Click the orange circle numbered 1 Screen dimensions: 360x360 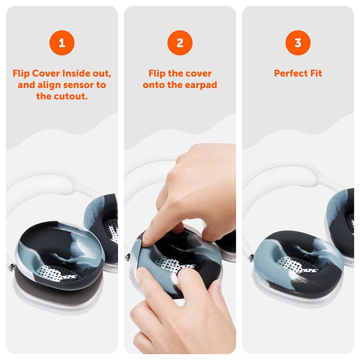point(62,43)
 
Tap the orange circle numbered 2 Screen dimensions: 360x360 point(180,43)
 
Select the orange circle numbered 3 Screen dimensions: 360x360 point(298,43)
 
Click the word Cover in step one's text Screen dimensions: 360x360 point(46,73)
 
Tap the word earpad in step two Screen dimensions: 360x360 point(201,85)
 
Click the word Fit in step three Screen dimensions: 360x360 point(316,73)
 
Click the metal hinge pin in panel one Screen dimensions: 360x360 point(11,267)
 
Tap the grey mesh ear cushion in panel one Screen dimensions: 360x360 point(59,285)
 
